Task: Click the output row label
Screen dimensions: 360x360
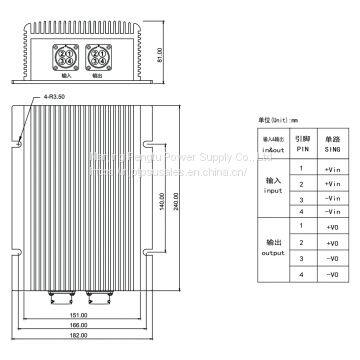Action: pyautogui.click(x=272, y=250)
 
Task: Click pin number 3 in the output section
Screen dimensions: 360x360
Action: pyautogui.click(x=299, y=259)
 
